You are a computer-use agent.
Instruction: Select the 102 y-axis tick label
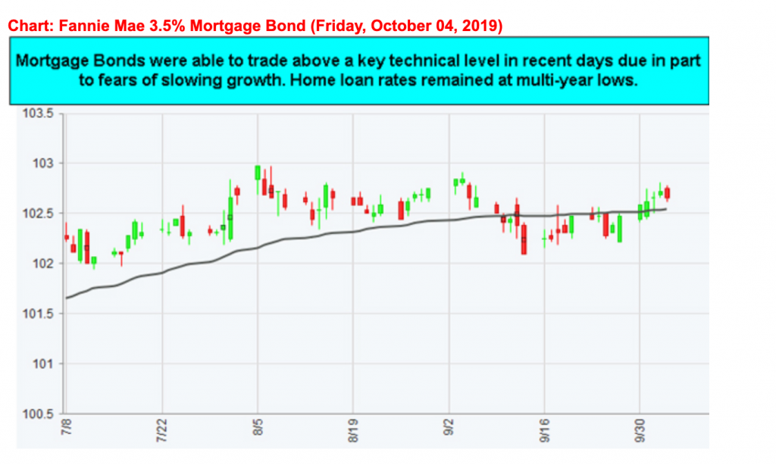(44, 264)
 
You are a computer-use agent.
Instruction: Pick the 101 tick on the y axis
(44, 364)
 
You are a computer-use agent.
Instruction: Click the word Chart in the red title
(27, 27)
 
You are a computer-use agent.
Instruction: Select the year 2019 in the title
(483, 27)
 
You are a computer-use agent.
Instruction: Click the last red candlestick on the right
(667, 194)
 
